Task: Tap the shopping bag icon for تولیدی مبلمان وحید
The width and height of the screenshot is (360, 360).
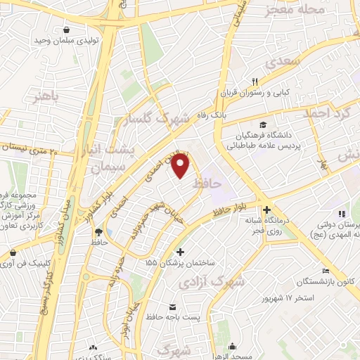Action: coord(66,30)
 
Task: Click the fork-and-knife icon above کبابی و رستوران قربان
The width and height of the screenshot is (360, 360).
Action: coord(255,81)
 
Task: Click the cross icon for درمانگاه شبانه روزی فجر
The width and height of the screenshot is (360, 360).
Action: coord(266,210)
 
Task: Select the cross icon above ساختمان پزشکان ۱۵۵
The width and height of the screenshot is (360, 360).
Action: coord(181,252)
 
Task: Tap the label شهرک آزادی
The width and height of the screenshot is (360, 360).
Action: coord(221,282)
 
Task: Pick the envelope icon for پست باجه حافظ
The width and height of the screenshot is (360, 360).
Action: coord(173,307)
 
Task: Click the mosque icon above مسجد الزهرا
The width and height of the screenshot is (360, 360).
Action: coord(232,345)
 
